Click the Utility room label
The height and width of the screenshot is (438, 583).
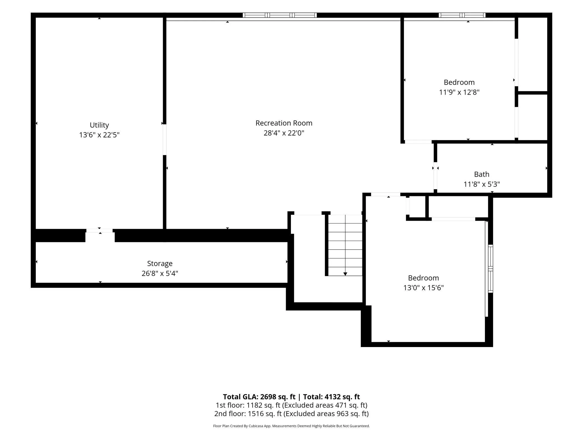(x=99, y=125)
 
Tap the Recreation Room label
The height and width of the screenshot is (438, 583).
(x=284, y=123)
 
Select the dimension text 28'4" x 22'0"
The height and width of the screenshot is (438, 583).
(x=284, y=133)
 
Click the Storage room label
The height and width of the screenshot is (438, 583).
(x=160, y=264)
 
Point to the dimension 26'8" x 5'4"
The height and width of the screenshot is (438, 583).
(x=160, y=273)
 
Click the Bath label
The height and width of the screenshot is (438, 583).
(x=482, y=174)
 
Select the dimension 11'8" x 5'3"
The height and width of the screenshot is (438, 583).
(x=482, y=184)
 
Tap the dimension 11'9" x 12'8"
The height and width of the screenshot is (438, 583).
(x=459, y=92)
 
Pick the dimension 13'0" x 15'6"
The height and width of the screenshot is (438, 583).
(x=423, y=288)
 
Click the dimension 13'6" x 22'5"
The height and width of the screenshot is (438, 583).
(x=99, y=135)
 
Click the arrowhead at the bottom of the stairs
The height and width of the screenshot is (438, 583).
(x=345, y=274)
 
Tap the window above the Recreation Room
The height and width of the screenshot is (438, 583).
(x=280, y=15)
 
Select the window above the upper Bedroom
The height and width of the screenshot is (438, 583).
(x=462, y=15)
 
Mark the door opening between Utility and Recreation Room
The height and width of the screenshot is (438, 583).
(x=165, y=140)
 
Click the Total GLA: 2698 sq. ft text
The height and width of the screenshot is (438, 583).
(x=259, y=397)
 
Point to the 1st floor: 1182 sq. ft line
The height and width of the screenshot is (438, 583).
(x=291, y=405)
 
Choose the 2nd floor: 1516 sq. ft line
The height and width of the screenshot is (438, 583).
(x=291, y=414)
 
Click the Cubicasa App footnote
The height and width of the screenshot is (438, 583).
(x=291, y=426)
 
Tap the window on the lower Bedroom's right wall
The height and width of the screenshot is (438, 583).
(x=491, y=269)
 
